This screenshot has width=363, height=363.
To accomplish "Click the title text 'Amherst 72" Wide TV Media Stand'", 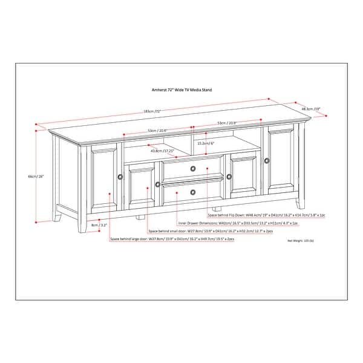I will [181, 89].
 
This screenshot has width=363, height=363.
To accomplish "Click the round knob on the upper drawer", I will [192, 168].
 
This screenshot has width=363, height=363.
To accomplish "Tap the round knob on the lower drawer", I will [192, 191].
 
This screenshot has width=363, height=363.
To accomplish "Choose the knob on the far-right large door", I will [266, 160].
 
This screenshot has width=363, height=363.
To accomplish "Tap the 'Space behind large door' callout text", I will [172, 240].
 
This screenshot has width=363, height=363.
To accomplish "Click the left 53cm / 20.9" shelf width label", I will [157, 131].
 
